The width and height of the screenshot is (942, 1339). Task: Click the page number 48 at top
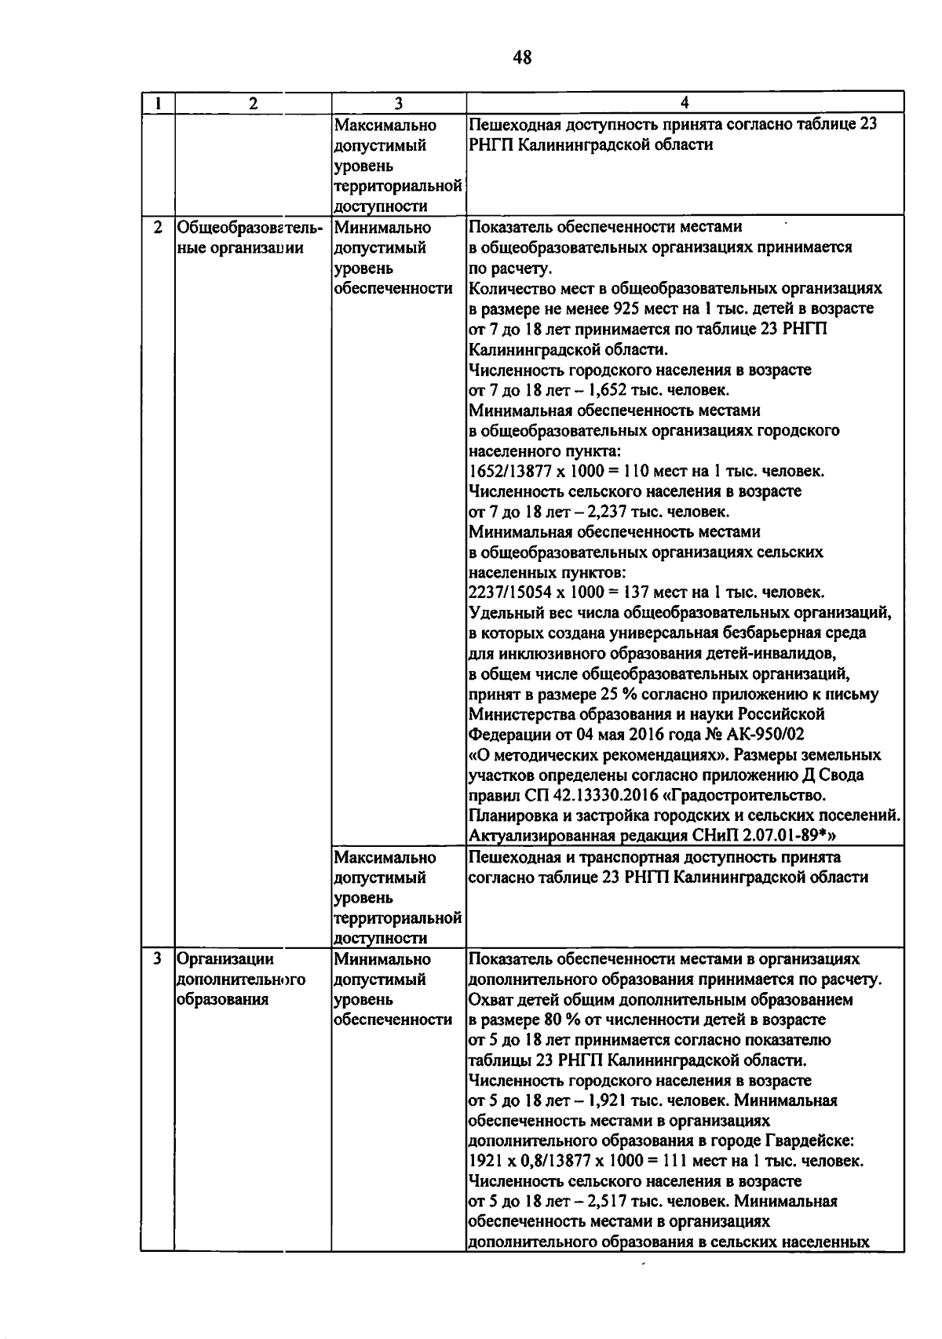[x=522, y=57]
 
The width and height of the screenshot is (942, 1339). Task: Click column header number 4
[x=685, y=103]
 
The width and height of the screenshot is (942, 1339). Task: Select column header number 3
[x=398, y=103]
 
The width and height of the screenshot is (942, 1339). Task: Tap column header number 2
[x=252, y=103]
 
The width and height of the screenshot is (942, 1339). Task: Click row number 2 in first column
[x=158, y=228]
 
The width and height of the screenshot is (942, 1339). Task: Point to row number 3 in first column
[x=158, y=959]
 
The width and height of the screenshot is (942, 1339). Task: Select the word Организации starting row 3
[x=225, y=959]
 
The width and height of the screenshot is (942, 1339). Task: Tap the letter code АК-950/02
[x=760, y=735]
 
